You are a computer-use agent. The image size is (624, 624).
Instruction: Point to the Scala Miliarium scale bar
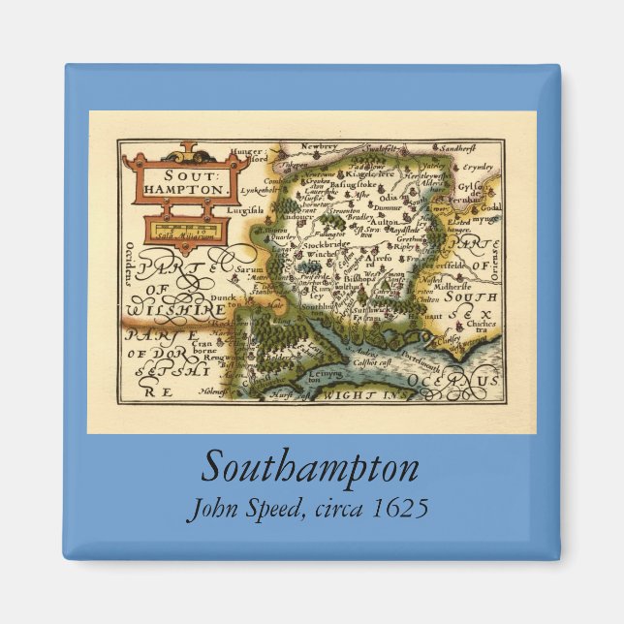(x=184, y=230)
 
